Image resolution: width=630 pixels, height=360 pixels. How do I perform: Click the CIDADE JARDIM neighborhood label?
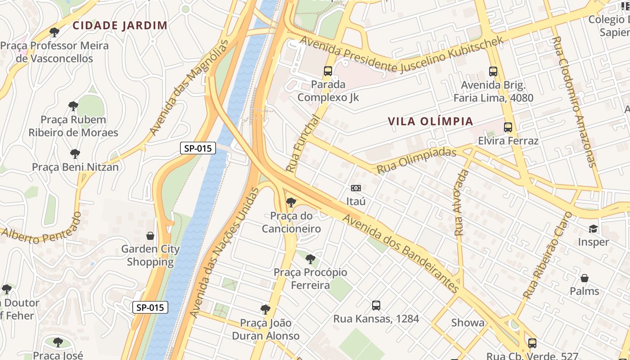point(120,25)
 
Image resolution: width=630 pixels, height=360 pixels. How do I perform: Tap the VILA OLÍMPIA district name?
point(430,121)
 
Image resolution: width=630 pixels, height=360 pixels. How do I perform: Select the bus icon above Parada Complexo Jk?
point(328,71)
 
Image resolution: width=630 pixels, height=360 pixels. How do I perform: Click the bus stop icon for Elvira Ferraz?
point(508,127)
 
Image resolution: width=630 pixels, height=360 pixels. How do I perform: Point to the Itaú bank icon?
point(356,188)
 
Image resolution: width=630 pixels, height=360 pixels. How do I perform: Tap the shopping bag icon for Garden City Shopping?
point(150,236)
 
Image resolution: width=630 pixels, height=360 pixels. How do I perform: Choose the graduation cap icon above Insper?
point(594,229)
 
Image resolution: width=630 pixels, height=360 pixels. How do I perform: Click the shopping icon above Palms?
point(584,278)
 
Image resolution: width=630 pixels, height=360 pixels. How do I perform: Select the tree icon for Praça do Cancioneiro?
point(291,202)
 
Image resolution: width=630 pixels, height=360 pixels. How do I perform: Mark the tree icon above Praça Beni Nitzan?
point(75,154)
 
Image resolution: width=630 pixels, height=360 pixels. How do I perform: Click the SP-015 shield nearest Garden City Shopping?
point(150,308)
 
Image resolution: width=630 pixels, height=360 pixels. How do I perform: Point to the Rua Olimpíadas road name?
point(416,160)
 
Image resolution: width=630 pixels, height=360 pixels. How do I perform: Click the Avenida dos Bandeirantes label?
point(402,254)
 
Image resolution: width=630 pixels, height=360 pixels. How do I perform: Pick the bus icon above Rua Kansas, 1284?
point(376,306)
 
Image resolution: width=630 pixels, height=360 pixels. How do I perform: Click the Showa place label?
point(468,323)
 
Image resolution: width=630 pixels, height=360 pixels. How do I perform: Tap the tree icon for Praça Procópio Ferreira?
point(310,259)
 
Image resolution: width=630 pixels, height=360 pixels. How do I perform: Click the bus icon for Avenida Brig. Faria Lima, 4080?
point(493,72)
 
